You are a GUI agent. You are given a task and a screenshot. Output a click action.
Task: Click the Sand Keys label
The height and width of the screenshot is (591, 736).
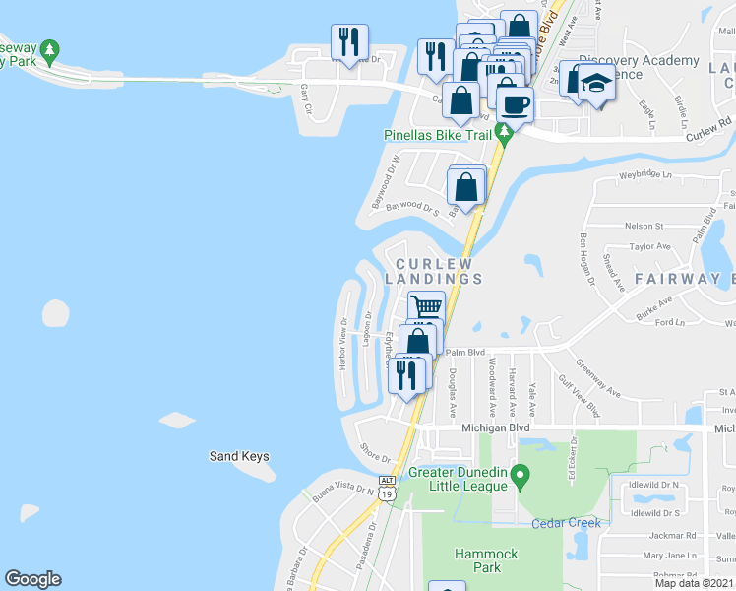[239, 456]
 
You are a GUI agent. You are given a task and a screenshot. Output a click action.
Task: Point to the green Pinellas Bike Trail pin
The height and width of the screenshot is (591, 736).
[504, 133]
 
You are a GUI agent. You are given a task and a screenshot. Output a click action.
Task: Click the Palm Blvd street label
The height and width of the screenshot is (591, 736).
[465, 351]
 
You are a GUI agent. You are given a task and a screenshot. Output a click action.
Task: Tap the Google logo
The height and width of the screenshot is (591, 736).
[32, 579]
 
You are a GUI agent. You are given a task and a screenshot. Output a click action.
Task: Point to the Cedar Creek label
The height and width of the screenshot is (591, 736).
[566, 523]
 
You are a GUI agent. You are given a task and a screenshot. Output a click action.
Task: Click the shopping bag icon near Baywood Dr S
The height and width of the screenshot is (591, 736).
[467, 185]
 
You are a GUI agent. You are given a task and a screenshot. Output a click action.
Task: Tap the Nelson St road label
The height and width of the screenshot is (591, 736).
[647, 225]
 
